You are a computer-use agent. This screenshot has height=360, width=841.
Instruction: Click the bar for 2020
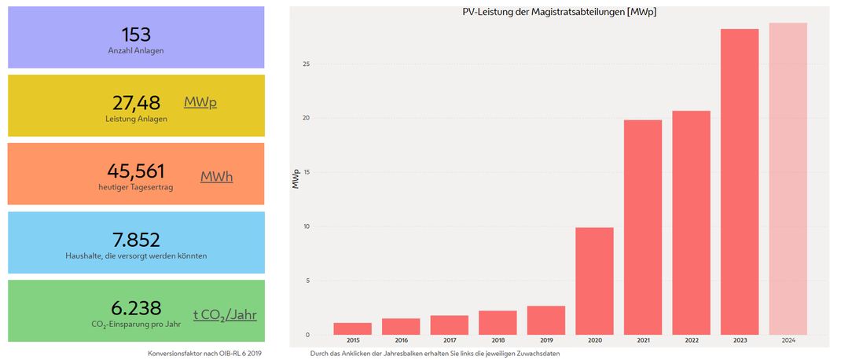click(x=594, y=281)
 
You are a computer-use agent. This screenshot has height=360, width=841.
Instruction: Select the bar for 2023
click(x=740, y=182)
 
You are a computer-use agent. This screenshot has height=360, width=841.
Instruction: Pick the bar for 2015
click(x=352, y=329)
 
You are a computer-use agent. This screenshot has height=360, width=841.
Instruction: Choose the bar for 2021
click(x=643, y=227)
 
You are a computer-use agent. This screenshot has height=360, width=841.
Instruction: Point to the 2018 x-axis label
click(x=498, y=341)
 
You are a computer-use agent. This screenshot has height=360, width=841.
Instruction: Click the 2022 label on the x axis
click(x=691, y=341)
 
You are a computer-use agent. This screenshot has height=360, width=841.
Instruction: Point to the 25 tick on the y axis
click(x=307, y=64)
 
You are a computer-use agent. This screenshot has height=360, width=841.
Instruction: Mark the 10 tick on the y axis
click(x=307, y=226)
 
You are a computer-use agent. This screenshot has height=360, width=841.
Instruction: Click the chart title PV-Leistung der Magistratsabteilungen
click(x=559, y=13)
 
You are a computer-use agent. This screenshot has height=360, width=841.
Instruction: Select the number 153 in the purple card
click(x=136, y=34)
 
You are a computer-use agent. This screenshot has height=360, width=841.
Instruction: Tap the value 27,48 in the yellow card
click(x=136, y=102)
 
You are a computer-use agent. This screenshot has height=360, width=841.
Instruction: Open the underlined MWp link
click(x=200, y=102)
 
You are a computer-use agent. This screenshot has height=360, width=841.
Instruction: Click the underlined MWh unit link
click(x=216, y=177)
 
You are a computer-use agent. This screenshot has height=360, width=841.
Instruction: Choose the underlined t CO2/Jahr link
click(x=225, y=314)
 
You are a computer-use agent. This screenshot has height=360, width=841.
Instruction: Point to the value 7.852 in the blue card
click(x=136, y=240)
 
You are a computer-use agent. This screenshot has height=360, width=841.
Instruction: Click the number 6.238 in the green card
click(x=136, y=308)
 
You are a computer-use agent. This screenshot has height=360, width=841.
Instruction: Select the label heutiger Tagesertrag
click(x=136, y=187)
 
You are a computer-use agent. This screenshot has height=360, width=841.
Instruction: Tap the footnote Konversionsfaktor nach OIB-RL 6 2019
click(x=204, y=354)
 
